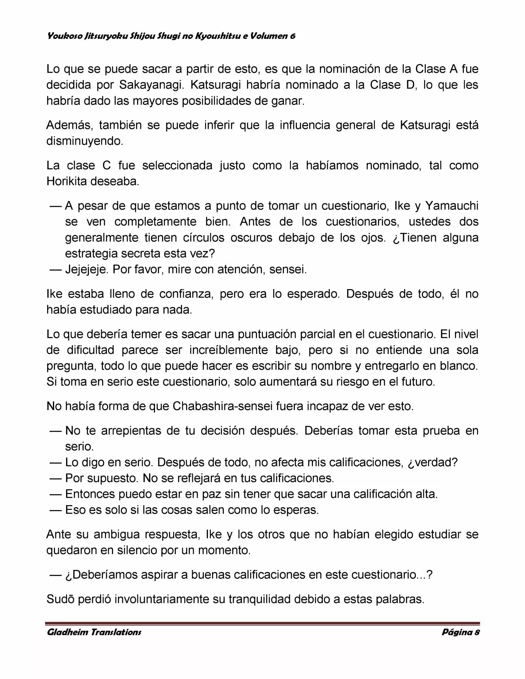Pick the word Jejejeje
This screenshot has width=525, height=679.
(x=87, y=269)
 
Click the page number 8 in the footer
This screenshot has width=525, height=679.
(x=477, y=632)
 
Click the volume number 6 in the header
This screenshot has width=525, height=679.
(x=292, y=36)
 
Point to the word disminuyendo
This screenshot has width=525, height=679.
(x=84, y=141)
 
